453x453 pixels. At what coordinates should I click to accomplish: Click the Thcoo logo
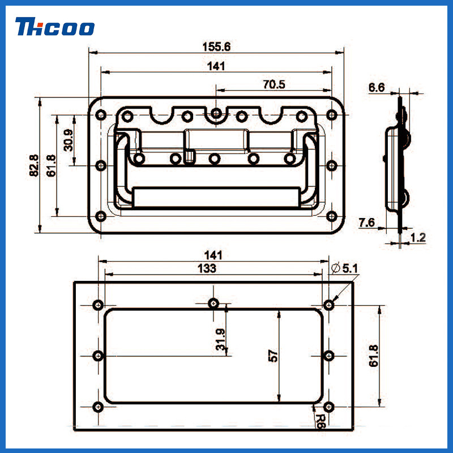point(55,27)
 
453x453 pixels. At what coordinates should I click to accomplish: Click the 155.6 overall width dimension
point(216,47)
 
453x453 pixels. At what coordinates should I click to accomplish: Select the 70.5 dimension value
point(274,84)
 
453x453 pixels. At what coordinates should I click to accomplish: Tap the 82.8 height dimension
point(34,165)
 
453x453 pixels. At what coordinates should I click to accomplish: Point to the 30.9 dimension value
point(69,140)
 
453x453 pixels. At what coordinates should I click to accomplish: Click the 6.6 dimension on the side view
point(377,88)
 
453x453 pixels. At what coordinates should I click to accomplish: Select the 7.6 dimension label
point(366,223)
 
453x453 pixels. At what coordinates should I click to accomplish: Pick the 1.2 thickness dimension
point(418,238)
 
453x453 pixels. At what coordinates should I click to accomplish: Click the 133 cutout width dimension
point(207,268)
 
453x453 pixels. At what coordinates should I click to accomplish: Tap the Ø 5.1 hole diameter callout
point(344,268)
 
